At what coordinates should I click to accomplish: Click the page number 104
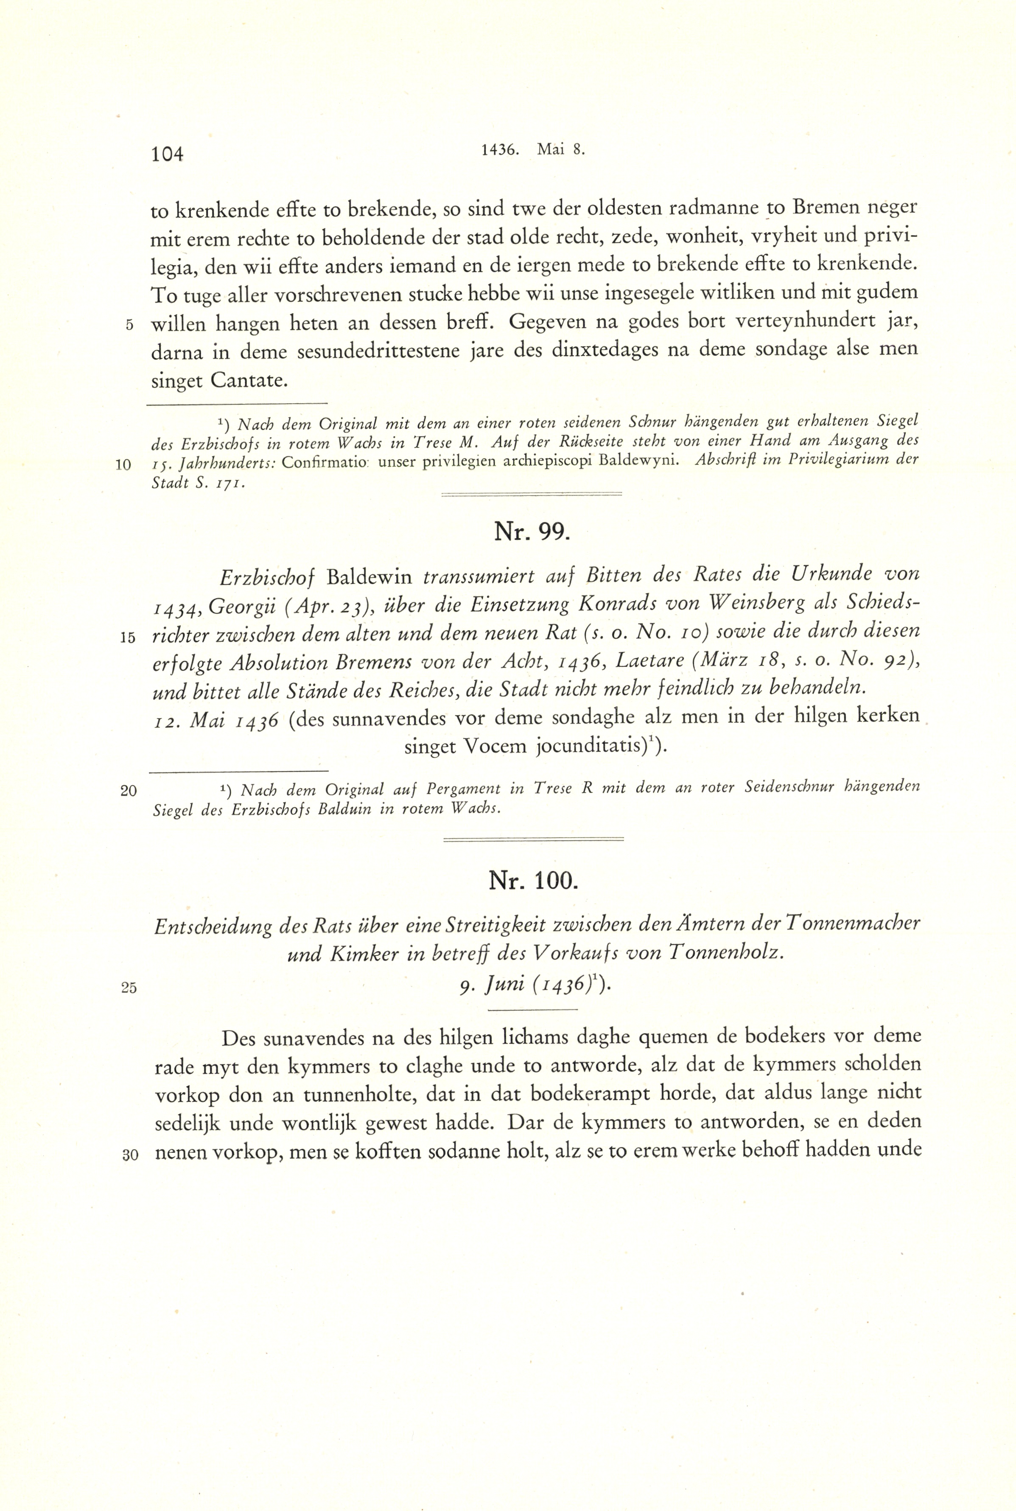(167, 154)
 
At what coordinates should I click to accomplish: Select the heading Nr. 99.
(531, 531)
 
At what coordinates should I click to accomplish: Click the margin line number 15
(128, 638)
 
